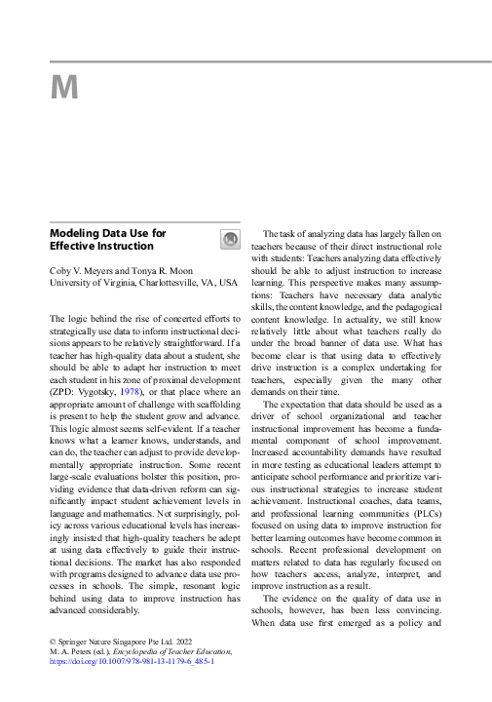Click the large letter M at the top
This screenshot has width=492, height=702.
[64, 89]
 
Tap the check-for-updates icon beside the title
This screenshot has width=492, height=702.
[230, 239]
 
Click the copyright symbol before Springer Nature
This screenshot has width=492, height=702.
[53, 641]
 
